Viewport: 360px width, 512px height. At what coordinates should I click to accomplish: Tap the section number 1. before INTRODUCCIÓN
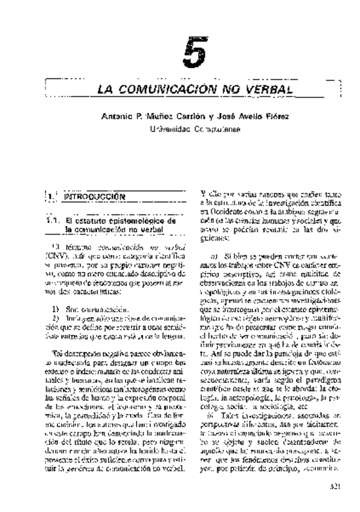51,196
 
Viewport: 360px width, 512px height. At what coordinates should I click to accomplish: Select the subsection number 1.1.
55,222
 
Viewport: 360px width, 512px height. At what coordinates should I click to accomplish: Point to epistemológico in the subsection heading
140,222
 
